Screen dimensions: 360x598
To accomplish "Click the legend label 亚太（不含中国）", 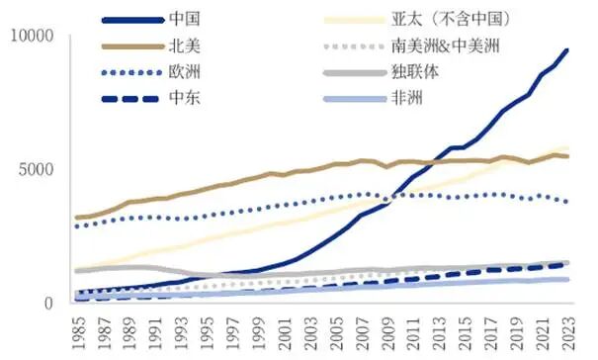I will (x=437, y=19).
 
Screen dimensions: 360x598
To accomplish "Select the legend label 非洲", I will (x=406, y=98).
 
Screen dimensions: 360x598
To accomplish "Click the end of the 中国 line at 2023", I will (x=567, y=49).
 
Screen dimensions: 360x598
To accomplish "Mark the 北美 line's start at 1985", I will (x=77, y=218).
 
